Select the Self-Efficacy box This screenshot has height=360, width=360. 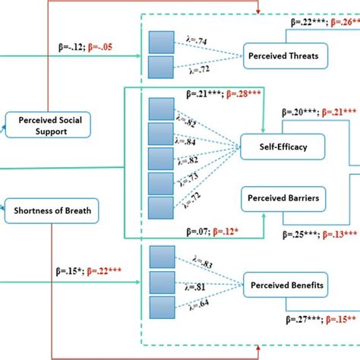[276, 147]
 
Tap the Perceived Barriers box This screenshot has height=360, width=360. [282, 198]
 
